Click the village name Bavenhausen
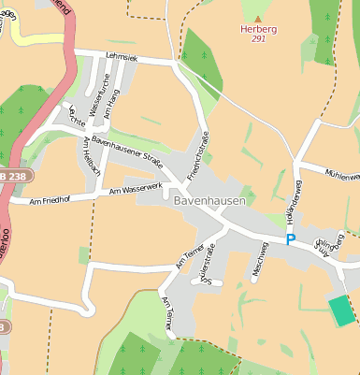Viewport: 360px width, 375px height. pyautogui.click(x=209, y=200)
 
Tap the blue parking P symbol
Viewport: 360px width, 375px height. pyautogui.click(x=291, y=239)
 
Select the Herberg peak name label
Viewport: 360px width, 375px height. pyautogui.click(x=258, y=29)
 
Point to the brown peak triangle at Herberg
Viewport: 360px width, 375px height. pyautogui.click(x=258, y=18)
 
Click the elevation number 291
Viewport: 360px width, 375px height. pyautogui.click(x=258, y=39)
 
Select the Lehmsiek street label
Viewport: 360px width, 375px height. pyautogui.click(x=122, y=57)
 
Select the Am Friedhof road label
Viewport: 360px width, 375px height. pyautogui.click(x=51, y=199)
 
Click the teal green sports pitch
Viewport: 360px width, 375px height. pyautogui.click(x=342, y=310)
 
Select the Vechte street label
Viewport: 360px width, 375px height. pyautogui.click(x=77, y=117)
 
